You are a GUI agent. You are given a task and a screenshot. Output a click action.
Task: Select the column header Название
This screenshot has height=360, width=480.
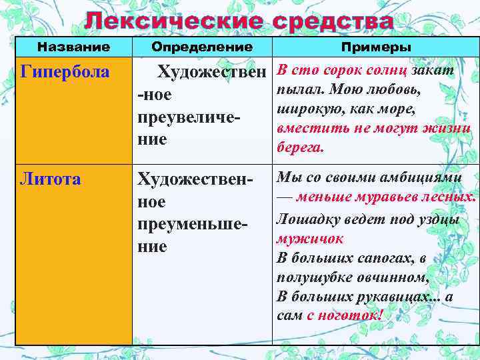(73, 47)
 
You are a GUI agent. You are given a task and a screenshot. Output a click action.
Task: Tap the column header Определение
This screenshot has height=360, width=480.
(202, 47)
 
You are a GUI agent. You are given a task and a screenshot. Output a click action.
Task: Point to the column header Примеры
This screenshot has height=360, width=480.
(376, 47)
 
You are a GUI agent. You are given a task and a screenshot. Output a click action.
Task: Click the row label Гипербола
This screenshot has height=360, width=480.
(65, 71)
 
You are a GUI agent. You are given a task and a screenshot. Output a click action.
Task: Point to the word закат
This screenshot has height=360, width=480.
(433, 70)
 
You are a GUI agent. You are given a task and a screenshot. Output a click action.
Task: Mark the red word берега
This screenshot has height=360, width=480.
(299, 149)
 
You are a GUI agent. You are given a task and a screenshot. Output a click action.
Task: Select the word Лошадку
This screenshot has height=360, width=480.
(305, 218)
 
